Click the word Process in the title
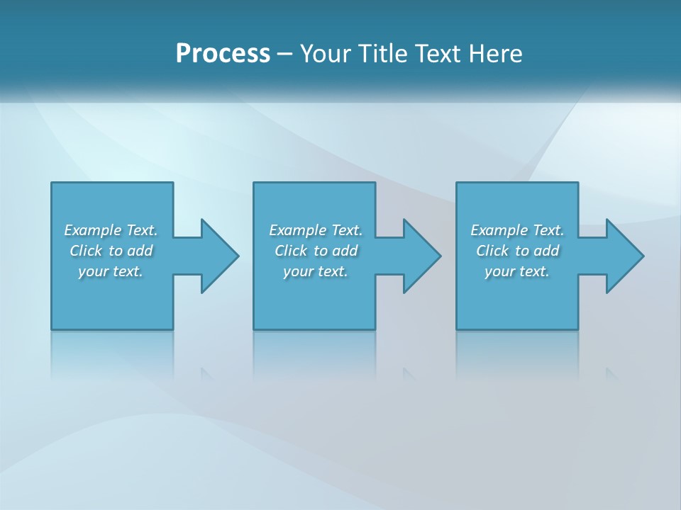click(223, 54)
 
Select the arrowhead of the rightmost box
click(624, 256)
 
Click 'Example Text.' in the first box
click(111, 230)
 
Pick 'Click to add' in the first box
click(111, 251)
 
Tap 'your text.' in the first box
click(111, 271)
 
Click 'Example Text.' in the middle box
click(316, 230)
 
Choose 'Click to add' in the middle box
click(316, 251)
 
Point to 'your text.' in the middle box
click(316, 271)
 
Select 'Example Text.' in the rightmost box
click(517, 230)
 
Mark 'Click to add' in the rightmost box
click(517, 251)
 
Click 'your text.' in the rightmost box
click(517, 271)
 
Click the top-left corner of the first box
click(52, 183)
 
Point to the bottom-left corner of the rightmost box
click(458, 329)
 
